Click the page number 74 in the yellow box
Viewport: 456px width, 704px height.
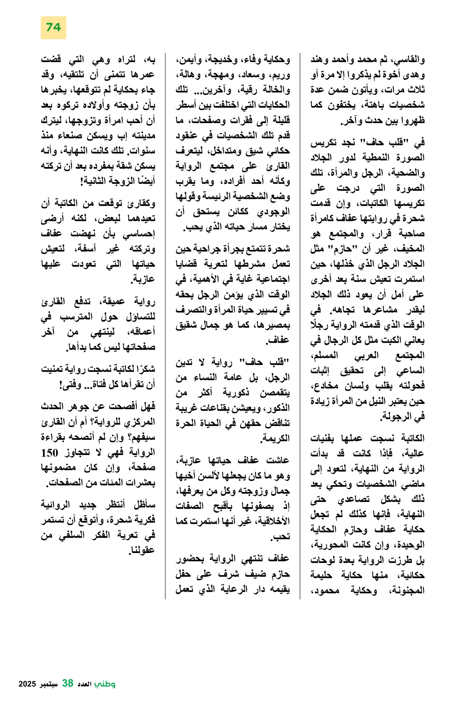pyautogui.click(x=53, y=28)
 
